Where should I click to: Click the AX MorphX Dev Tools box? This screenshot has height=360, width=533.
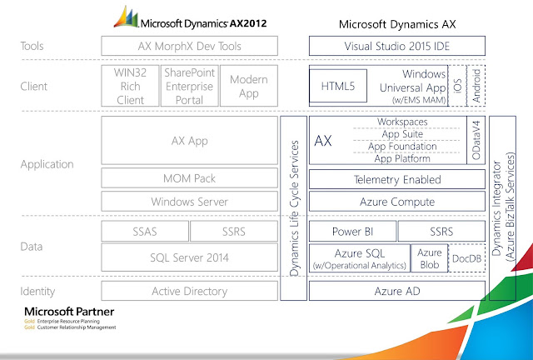point(189,46)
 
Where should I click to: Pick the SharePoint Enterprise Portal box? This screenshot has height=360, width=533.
point(189,85)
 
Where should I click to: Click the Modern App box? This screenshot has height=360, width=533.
point(248,85)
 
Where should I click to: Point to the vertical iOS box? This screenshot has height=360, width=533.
point(458,85)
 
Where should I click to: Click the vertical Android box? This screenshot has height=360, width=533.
point(476,85)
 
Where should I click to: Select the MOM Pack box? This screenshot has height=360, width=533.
point(189,177)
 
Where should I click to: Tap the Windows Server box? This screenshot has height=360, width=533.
point(189,201)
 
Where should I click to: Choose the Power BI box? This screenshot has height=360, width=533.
point(351,231)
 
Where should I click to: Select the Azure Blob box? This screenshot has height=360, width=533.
point(430,257)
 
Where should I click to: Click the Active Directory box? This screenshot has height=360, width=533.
point(189,291)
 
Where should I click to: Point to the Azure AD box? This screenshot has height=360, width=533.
point(397,291)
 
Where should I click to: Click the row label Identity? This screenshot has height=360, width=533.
point(37,291)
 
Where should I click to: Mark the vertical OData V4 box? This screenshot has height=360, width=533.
point(476,140)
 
